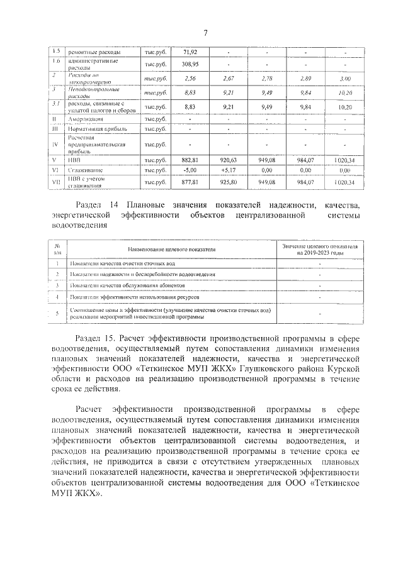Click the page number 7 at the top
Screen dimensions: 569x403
(x=205, y=33)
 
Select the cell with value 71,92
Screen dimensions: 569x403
(x=190, y=52)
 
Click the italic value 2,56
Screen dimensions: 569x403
(x=190, y=79)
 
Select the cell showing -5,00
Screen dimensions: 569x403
(x=190, y=170)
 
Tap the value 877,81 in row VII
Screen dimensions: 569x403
(x=190, y=182)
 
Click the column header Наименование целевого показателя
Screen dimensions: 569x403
(x=173, y=250)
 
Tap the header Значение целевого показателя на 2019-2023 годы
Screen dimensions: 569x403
(x=320, y=250)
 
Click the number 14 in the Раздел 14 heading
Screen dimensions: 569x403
(x=114, y=205)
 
